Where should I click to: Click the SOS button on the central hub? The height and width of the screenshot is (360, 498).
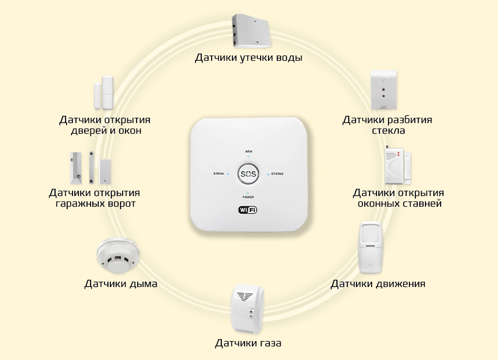click(248, 174)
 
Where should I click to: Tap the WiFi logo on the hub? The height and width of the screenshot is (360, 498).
click(248, 210)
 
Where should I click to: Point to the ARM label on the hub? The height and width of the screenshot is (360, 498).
click(248, 152)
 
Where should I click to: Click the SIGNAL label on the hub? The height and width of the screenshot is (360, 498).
click(219, 174)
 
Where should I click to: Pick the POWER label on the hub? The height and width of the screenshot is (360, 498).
click(248, 197)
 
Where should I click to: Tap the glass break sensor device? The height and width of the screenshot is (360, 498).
click(384, 90)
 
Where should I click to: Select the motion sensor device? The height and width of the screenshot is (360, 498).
click(371, 248)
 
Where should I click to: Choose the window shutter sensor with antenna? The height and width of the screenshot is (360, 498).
click(397, 165)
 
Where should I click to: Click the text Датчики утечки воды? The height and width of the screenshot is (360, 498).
click(249, 58)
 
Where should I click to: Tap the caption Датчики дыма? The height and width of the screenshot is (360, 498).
click(121, 284)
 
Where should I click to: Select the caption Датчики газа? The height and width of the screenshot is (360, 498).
click(248, 343)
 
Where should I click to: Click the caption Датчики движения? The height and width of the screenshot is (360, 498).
click(378, 284)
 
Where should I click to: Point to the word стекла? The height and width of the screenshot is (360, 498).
click(388, 131)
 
